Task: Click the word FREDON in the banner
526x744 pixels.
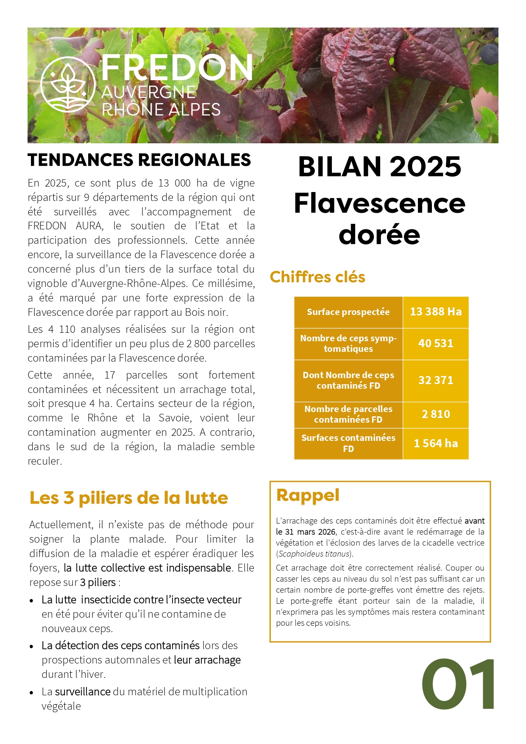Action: coord(177,68)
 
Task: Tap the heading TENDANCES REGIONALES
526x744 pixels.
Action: coord(139,160)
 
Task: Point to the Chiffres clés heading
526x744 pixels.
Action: coord(317,277)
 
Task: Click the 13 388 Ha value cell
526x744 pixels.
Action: coord(435,312)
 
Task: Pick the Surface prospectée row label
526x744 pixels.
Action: coord(348,312)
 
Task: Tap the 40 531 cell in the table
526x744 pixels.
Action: coord(435,343)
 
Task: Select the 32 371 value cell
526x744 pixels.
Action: coord(435,380)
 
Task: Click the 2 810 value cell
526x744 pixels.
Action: coord(435,414)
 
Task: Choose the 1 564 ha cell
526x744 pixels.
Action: coord(435,443)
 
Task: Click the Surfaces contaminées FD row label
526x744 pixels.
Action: coord(348,443)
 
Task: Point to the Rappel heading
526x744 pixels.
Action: coord(308,495)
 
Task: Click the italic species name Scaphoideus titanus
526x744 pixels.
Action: coord(314,554)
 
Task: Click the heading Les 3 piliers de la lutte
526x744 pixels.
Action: coord(128,498)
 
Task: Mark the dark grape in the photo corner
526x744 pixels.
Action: coord(490,52)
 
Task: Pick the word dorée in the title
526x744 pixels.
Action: coord(379,234)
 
